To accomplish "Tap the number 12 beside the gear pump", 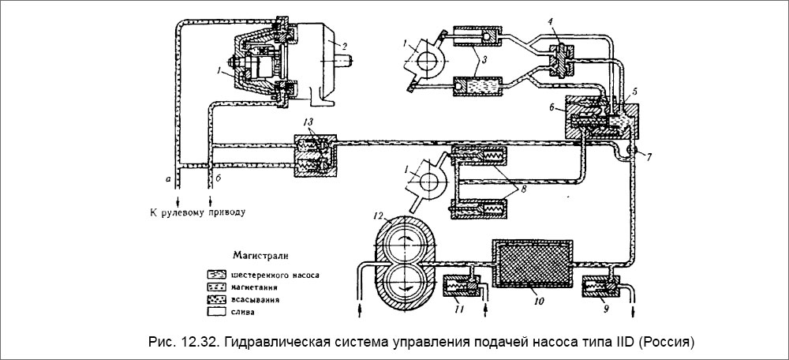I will [379, 215].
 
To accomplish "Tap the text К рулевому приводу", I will [197, 212].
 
